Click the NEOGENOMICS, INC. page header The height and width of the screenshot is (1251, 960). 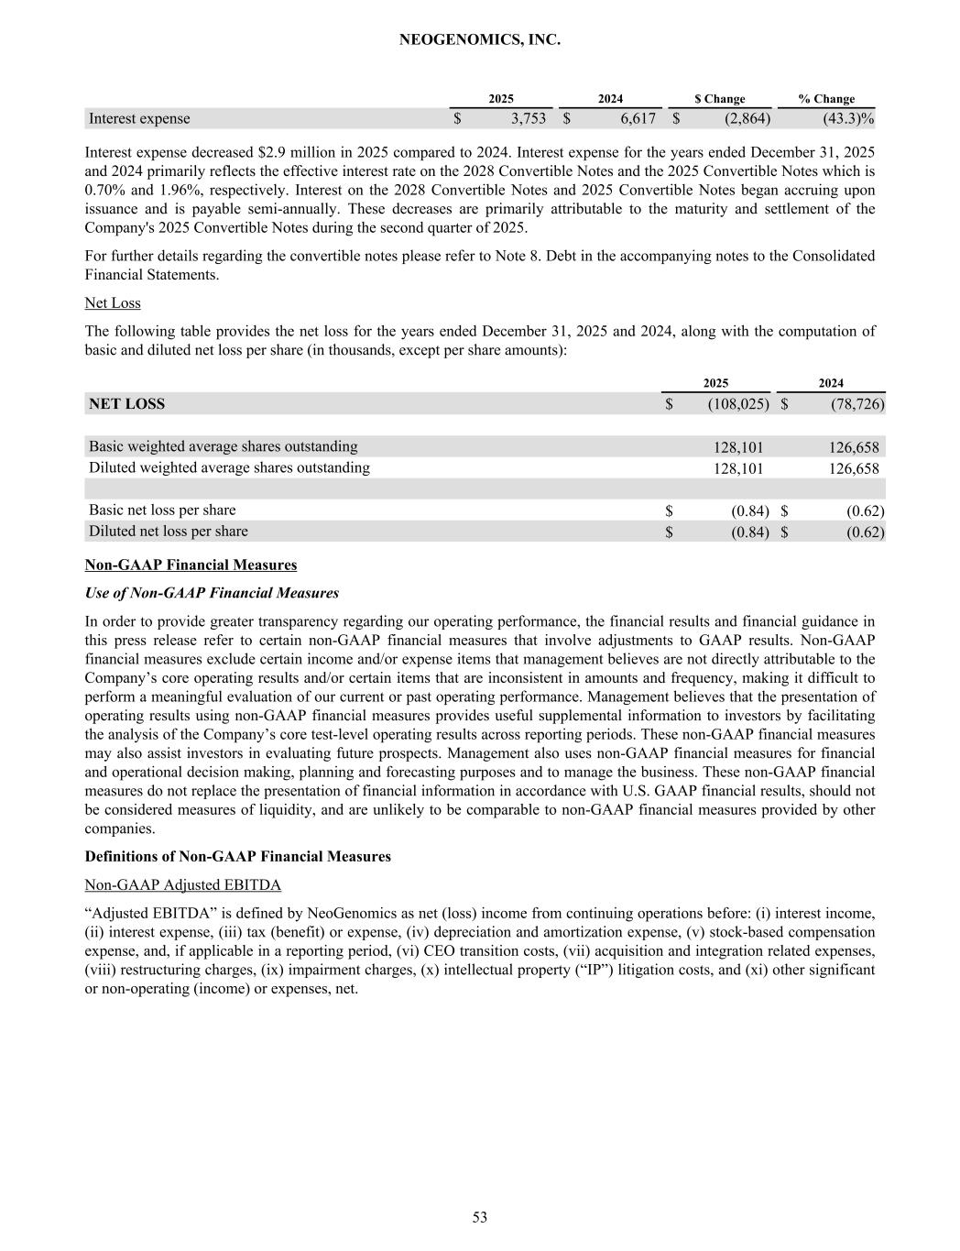pos(480,40)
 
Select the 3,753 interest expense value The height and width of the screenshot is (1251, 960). pos(528,118)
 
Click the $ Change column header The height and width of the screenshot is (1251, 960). pos(719,99)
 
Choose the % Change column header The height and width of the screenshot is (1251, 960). pos(826,99)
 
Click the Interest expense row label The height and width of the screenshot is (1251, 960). pos(139,118)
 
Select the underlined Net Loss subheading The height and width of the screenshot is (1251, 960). pos(113,302)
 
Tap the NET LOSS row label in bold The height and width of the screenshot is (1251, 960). pos(126,403)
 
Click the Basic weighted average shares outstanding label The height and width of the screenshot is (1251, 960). pos(223,446)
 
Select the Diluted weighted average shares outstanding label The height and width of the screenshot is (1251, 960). pos(229,467)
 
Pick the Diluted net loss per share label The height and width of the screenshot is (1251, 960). pos(168,531)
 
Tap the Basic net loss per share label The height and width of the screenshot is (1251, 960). pos(162,510)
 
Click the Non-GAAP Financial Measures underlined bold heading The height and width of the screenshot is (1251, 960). pos(191,565)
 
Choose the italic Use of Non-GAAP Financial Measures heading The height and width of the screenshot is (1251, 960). pos(212,593)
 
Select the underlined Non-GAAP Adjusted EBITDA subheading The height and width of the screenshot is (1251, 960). pos(182,884)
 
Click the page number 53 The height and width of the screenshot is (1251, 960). pos(480,1217)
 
